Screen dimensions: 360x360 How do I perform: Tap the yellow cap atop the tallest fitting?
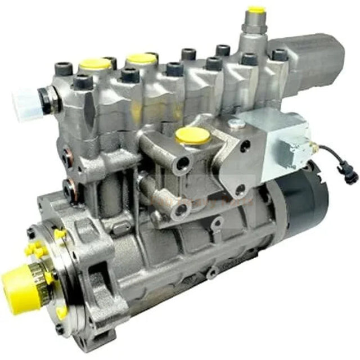pos(256,10)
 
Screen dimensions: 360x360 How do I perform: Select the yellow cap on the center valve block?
pos(193,135)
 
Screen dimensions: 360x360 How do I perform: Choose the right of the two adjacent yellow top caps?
pos(141,58)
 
